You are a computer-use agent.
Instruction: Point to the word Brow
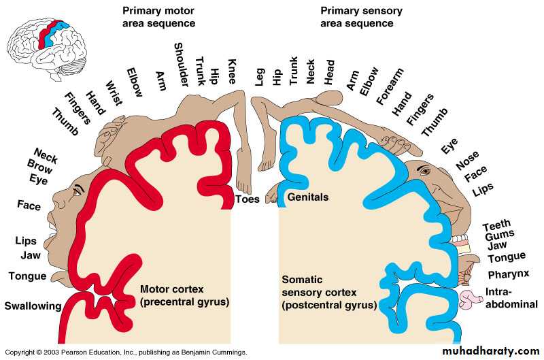[x=39, y=164]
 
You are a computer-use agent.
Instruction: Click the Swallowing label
[x=32, y=306]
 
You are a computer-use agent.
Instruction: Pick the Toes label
[x=247, y=199]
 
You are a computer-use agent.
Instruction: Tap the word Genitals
[x=308, y=197]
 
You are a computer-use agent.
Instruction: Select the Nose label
[x=467, y=161]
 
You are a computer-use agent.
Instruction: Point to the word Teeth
[x=496, y=227]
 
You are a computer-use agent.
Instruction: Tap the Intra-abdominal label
[x=512, y=299]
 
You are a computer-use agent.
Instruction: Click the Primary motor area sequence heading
[x=158, y=17]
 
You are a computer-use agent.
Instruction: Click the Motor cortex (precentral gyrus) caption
[x=184, y=295]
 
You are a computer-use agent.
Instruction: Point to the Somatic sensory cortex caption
[x=328, y=293]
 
